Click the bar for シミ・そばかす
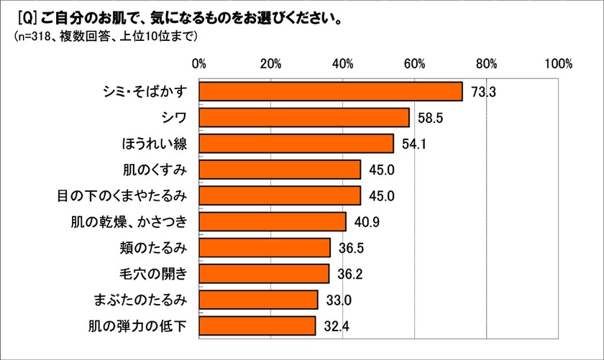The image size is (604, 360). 331,92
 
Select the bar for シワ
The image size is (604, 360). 304,118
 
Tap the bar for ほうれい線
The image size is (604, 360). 296,144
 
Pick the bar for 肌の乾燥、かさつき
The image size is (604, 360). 273,221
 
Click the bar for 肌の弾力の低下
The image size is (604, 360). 257,326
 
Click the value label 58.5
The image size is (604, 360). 429,118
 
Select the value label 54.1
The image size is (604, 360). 414,144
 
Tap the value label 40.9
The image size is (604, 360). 366,221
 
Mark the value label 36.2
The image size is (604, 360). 349,274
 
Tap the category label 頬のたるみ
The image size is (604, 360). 156,248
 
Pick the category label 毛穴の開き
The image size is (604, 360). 156,274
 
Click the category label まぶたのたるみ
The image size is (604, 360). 141,300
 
